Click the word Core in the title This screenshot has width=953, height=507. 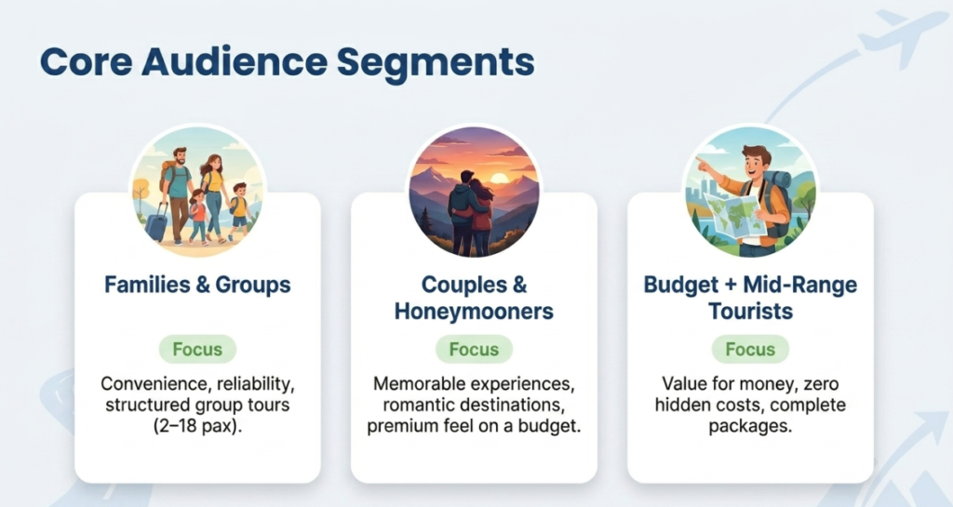[86, 62]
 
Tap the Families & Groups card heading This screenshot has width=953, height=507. [197, 285]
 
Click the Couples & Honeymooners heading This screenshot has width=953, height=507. [474, 298]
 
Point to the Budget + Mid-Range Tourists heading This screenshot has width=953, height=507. [751, 298]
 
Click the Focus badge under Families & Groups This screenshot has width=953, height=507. [197, 349]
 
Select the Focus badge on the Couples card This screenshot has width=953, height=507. [474, 349]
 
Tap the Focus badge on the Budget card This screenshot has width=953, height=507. [751, 349]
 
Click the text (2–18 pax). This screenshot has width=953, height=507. [197, 426]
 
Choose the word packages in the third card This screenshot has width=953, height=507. [751, 426]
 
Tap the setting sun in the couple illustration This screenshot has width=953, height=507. [500, 179]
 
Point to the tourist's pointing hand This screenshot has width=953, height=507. [703, 164]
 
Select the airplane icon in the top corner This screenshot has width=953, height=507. [901, 33]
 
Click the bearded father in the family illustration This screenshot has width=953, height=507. [177, 193]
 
